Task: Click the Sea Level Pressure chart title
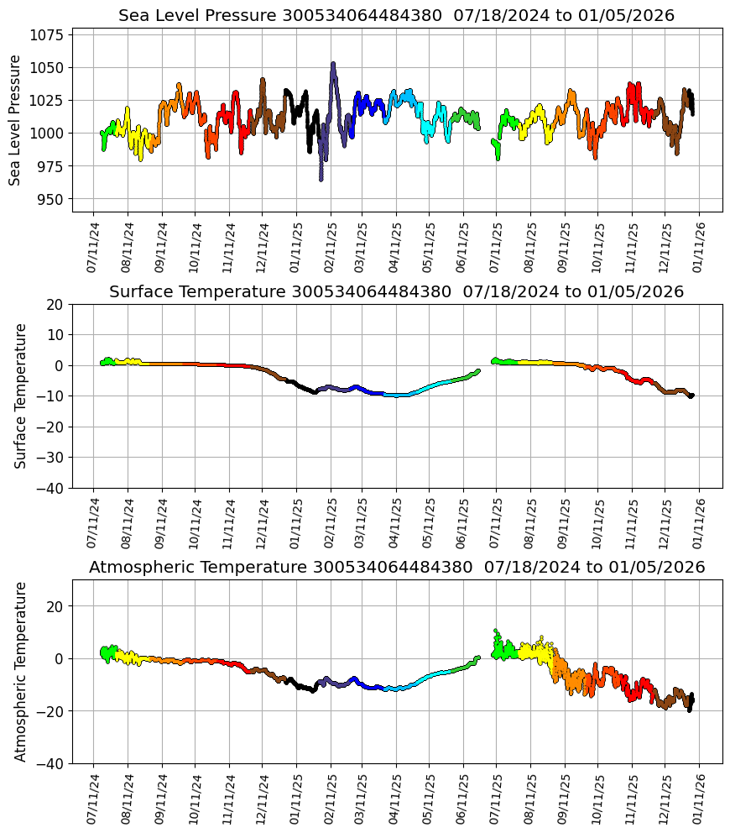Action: [396, 16]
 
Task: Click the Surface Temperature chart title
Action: [396, 292]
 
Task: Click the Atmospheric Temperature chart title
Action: [396, 568]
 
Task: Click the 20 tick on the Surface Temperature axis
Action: [55, 304]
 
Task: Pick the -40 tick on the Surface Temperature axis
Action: [52, 488]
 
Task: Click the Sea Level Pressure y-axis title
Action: [16, 120]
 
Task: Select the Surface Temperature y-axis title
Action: [21, 396]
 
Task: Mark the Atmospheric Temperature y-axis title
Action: [21, 671]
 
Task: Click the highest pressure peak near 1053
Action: [333, 64]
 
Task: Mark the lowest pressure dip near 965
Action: [321, 179]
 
